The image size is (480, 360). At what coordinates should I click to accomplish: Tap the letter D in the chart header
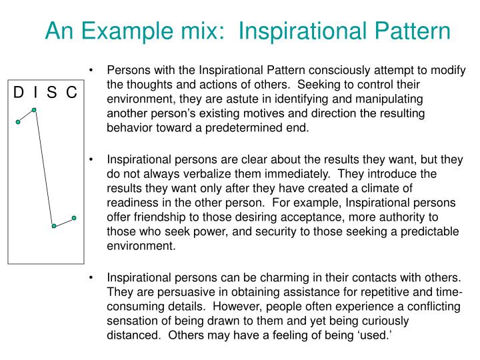click(x=19, y=92)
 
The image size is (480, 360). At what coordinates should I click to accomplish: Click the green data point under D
click(x=19, y=122)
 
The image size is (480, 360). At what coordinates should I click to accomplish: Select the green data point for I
click(x=34, y=109)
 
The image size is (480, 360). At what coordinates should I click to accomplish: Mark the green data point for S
click(x=53, y=226)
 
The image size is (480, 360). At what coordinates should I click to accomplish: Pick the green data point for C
click(x=74, y=217)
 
